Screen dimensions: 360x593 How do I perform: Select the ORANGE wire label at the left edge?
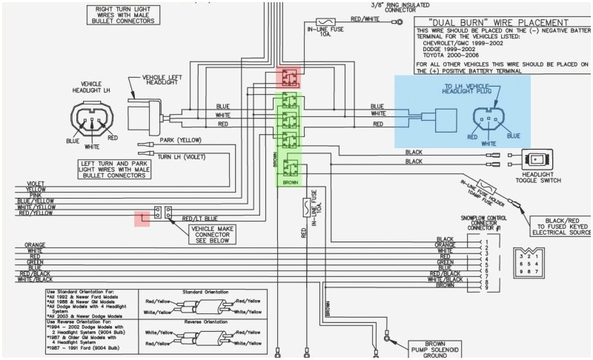(35, 244)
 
